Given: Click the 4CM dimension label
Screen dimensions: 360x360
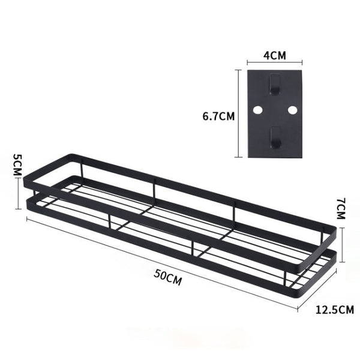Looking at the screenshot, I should (275, 56).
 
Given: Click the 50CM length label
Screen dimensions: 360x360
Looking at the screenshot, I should (168, 277).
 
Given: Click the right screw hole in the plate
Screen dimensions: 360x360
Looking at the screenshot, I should (292, 110).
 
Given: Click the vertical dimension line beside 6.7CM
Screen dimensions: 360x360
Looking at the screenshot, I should (239, 113).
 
